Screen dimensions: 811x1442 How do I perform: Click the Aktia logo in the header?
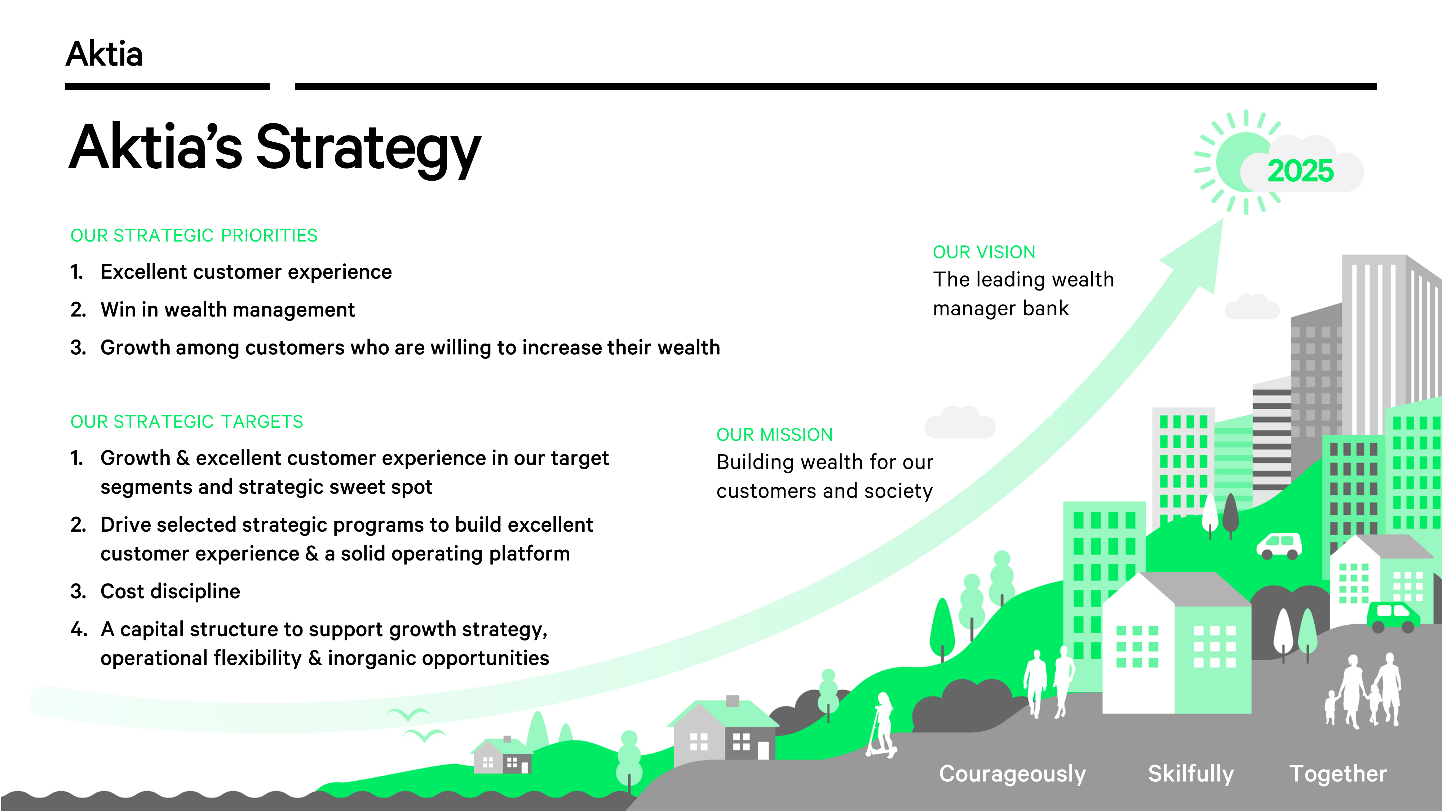pos(104,54)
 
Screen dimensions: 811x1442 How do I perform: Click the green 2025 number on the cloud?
pos(1300,171)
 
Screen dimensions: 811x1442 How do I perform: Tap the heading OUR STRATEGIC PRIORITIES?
pos(194,236)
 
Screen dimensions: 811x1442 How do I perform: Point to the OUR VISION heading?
pos(983,252)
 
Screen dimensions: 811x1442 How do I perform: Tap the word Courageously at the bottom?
pos(1012,774)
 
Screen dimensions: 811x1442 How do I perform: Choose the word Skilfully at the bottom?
pos(1191,774)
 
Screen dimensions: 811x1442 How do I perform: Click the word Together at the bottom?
pos(1338,774)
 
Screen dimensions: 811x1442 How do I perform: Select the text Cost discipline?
pos(170,591)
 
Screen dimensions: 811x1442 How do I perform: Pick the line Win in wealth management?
pos(227,310)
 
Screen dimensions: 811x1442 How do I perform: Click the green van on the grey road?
pos(1392,616)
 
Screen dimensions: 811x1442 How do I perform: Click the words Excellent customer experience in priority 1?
pos(246,272)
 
